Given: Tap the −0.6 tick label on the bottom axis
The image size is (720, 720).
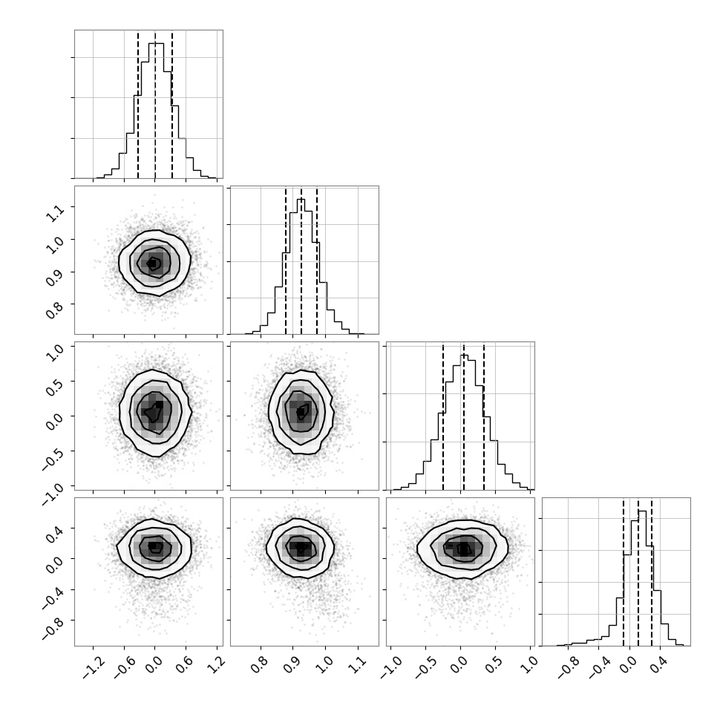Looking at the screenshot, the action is [x=124, y=669].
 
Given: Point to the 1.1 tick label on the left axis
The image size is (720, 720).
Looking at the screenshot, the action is [x=56, y=212].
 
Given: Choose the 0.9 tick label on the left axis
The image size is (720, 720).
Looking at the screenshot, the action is [x=56, y=276].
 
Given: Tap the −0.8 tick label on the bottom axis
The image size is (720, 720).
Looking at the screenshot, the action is [x=567, y=669].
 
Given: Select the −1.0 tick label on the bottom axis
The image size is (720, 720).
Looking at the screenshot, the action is [x=390, y=669].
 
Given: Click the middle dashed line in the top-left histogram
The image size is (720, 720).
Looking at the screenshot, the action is [x=155, y=104].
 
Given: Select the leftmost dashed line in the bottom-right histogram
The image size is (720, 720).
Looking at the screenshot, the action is [x=623, y=572].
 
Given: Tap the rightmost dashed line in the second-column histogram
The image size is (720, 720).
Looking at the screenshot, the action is [x=317, y=260].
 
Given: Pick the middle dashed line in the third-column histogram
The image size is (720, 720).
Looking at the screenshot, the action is [x=464, y=416].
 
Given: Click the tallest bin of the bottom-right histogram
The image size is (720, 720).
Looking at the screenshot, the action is [x=642, y=578].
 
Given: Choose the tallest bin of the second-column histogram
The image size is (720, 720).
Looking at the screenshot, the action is [x=301, y=266].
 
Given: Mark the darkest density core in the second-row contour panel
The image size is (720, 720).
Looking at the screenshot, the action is [x=152, y=263].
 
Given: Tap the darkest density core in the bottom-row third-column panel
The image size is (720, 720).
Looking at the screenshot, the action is [x=464, y=549].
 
